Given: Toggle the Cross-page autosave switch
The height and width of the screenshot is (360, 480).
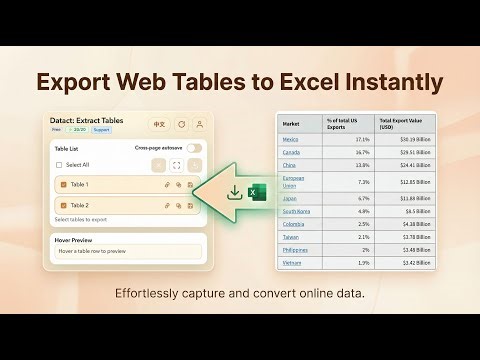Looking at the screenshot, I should coord(194,148).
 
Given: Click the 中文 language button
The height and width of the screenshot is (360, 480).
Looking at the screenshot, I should coord(157,125).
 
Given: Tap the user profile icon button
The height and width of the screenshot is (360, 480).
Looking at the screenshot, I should coord(199,125).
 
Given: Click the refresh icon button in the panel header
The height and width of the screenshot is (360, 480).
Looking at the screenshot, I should coord(181,125).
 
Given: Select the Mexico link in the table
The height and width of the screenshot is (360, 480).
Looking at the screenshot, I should coord(290,139).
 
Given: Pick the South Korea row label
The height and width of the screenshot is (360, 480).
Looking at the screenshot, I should coord(295,211).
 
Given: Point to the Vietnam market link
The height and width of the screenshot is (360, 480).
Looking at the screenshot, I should coord(291,262).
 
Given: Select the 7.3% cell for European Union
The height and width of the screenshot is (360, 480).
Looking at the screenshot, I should coord(364,182).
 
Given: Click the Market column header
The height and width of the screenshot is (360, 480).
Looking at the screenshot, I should coord(290,122).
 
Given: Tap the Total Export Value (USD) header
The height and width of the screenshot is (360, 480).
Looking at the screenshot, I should coord(401,122).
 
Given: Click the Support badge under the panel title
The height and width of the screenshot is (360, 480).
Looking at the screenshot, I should coord(100,130).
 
